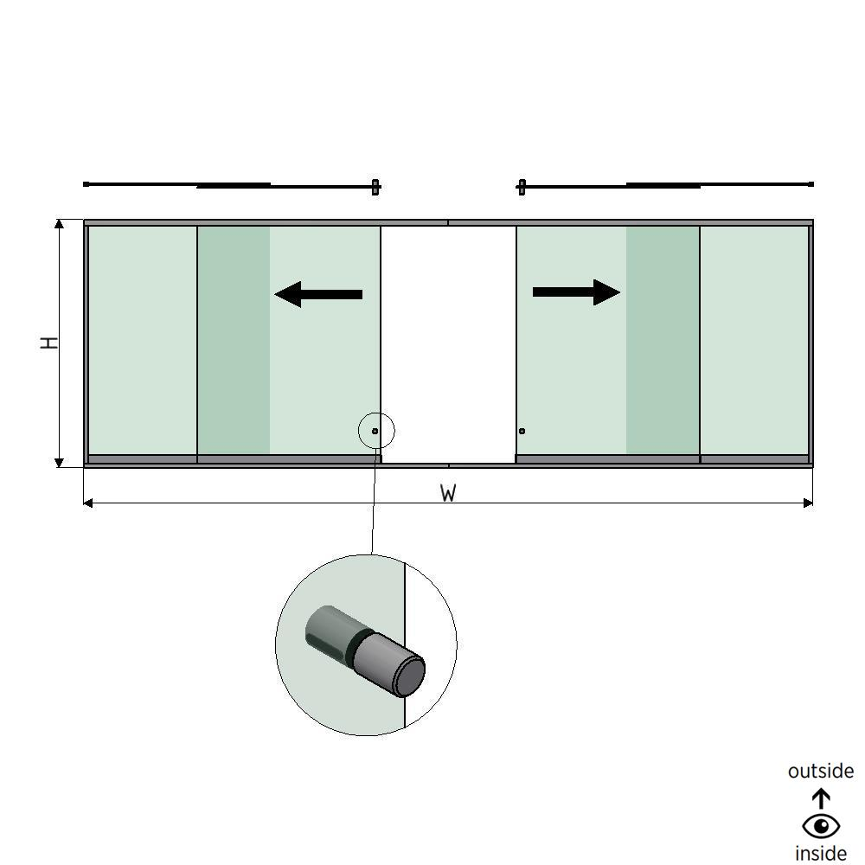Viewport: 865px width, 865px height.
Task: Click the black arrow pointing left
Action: point(317,294)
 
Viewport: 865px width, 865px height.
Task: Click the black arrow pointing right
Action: point(576,292)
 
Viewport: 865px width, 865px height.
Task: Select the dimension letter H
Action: point(51,343)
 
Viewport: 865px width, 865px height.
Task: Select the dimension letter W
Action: point(448,493)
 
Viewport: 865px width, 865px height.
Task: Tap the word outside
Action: point(821,771)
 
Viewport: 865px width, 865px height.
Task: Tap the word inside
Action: point(821,853)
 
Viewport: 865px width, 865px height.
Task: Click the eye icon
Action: point(821,826)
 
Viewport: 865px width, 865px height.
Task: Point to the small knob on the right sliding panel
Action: point(522,431)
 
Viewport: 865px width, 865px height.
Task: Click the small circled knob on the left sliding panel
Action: point(375,431)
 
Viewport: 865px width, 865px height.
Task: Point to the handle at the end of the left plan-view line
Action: point(375,186)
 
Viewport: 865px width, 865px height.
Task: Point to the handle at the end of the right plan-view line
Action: point(522,186)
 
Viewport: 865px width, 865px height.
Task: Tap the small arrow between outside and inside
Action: point(821,798)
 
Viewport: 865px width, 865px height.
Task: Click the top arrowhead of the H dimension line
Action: point(60,225)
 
